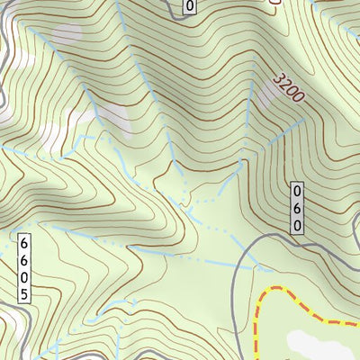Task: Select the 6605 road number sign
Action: click(24, 268)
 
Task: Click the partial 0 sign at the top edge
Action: click(189, 7)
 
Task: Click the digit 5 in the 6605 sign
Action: click(24, 293)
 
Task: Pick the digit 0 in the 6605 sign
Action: click(24, 276)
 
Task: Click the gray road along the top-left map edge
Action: click(5, 54)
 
